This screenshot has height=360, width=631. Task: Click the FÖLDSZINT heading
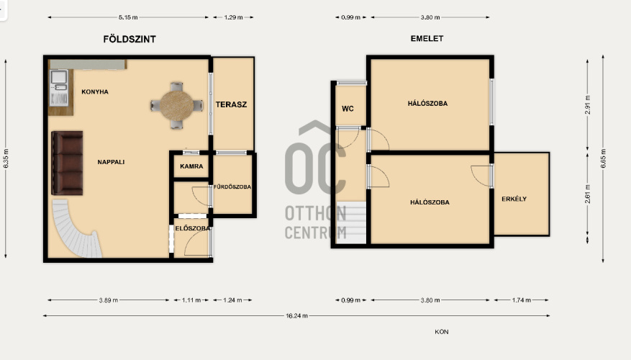click(130, 39)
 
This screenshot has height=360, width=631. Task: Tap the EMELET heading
click(427, 39)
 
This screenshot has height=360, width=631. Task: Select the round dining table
click(176, 106)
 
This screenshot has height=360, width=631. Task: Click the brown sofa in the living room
click(67, 163)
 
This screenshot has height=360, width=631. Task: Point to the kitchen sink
click(59, 80)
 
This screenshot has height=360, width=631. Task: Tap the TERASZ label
click(231, 104)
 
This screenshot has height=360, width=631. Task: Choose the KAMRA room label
click(191, 166)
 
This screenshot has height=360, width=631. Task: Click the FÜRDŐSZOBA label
click(232, 187)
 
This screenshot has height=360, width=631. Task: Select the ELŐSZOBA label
click(192, 228)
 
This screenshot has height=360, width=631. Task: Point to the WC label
click(348, 109)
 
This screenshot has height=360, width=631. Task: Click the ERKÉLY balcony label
click(514, 199)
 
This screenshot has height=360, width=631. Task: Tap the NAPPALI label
click(111, 162)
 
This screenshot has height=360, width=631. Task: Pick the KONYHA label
click(95, 92)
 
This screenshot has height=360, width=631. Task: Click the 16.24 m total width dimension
click(296, 315)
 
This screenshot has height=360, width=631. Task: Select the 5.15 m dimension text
click(128, 17)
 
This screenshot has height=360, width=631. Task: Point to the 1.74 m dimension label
click(521, 300)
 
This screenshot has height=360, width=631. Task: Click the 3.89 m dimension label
click(109, 300)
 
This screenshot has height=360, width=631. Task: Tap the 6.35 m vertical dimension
click(6, 158)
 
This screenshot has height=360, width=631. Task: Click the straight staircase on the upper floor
click(351, 222)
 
